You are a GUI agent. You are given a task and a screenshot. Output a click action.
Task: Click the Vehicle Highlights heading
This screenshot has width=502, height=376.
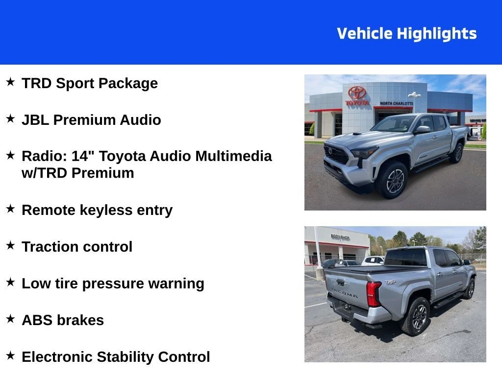(406, 34)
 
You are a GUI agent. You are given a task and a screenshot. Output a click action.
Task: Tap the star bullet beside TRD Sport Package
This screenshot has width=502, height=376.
(10, 82)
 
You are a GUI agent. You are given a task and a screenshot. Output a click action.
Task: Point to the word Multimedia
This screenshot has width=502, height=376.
(233, 156)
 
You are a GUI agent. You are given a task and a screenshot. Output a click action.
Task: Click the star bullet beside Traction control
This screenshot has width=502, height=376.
(10, 245)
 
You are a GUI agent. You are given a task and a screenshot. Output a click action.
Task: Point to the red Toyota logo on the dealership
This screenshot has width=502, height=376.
(357, 93)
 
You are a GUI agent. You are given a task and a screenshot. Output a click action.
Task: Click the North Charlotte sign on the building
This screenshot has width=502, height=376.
(396, 103)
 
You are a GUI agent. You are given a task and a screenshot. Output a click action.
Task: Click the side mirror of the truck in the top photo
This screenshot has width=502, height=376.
(423, 129)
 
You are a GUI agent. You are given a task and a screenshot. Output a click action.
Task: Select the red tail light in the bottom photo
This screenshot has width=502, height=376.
(373, 294)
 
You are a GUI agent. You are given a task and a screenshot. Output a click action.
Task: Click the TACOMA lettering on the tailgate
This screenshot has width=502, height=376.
(345, 293)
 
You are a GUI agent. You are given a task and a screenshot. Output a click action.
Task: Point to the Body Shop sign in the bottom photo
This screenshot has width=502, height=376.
(340, 237)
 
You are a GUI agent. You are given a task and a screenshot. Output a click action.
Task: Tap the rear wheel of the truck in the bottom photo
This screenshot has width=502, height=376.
(417, 316)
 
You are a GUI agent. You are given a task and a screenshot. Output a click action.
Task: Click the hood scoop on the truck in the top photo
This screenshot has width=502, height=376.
(357, 134)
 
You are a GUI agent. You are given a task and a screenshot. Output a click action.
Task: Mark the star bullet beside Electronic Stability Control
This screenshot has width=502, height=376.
(10, 355)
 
